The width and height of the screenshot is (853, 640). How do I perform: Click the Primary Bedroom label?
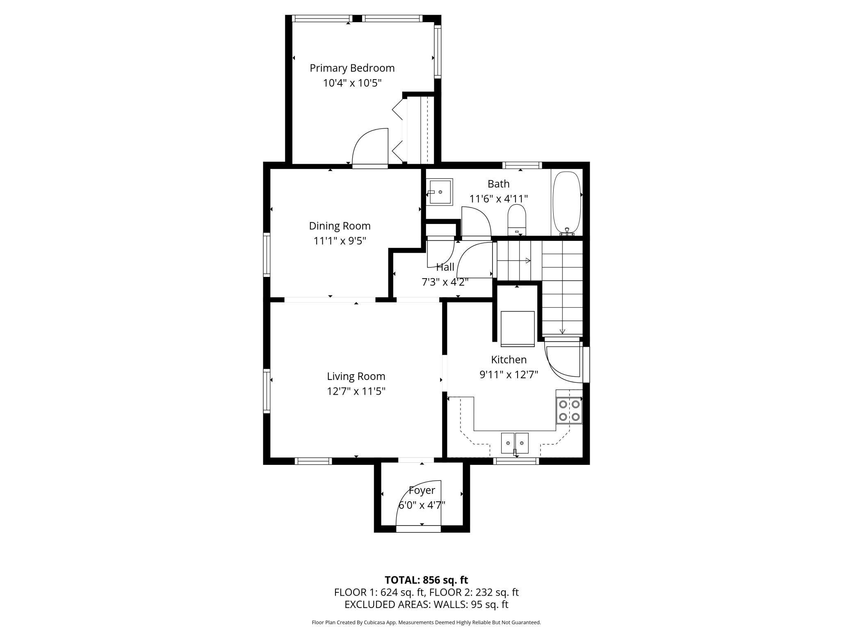(352, 68)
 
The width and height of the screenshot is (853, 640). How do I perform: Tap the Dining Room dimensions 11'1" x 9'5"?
(340, 241)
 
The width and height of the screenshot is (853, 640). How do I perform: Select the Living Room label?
(356, 377)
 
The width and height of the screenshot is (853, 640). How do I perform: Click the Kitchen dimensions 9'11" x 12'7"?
(509, 375)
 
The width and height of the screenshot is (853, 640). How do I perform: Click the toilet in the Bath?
(517, 220)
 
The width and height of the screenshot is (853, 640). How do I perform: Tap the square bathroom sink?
(440, 192)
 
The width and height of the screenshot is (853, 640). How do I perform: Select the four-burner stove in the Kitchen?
(569, 411)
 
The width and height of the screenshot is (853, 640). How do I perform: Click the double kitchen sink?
(515, 442)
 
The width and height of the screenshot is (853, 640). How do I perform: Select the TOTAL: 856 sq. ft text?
(426, 580)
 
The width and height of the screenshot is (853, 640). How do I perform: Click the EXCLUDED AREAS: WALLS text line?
(426, 604)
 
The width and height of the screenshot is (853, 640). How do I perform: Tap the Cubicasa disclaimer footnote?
(426, 622)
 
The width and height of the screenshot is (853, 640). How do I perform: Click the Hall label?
(445, 267)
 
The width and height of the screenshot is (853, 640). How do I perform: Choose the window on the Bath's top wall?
(522, 165)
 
